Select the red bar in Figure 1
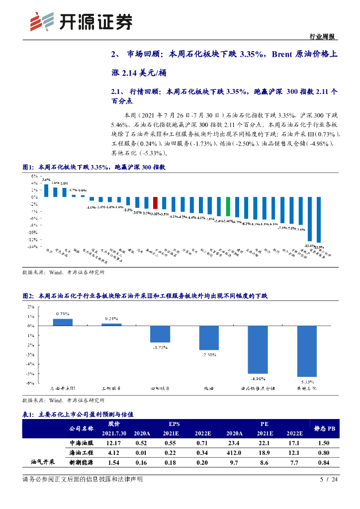tap(155, 203)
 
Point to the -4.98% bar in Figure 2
tap(258, 349)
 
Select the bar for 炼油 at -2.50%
tap(209, 338)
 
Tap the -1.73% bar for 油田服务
tap(160, 334)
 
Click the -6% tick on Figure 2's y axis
tap(30, 383)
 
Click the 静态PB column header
tap(324, 428)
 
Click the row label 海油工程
tap(81, 452)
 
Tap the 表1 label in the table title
tap(28, 414)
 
